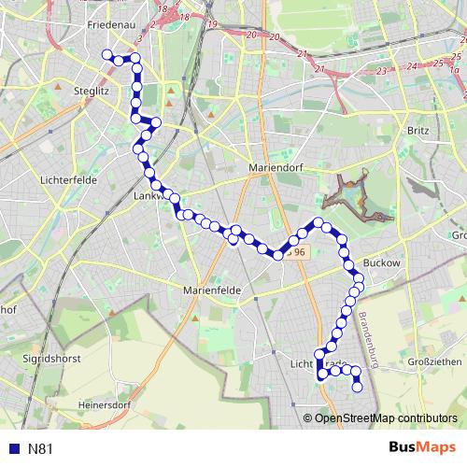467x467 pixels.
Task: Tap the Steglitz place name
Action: [x=92, y=92]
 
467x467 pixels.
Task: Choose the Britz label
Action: [x=417, y=131]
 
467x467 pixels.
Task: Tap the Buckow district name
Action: [x=381, y=264]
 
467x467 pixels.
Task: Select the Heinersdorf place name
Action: [x=103, y=405]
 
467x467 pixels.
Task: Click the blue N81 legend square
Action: [x=13, y=449]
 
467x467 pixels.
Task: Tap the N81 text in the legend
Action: [x=40, y=449]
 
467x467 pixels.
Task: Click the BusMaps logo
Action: [x=420, y=448]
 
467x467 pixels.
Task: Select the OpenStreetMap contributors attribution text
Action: [x=386, y=419]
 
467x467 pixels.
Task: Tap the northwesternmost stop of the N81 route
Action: [x=106, y=54]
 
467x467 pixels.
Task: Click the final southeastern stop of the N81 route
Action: [x=357, y=387]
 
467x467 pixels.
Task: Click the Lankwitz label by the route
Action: [x=149, y=196]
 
